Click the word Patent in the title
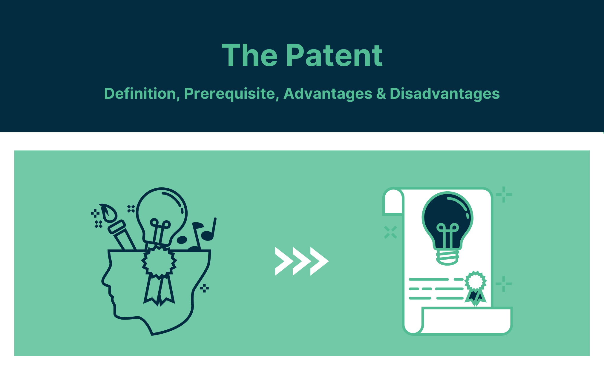tap(334, 56)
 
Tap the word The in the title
tap(250, 56)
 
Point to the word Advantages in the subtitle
tap(328, 94)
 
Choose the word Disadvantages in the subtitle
tap(444, 94)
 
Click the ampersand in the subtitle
tap(381, 94)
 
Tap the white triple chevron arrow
tap(302, 261)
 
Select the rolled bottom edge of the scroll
tap(466, 321)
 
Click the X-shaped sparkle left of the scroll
tap(390, 232)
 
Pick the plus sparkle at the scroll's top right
tap(504, 195)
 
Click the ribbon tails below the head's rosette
tap(159, 291)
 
